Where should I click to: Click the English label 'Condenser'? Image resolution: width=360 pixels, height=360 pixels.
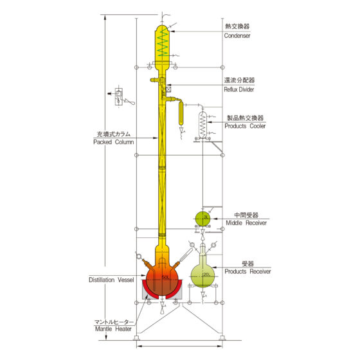[x=237, y=35]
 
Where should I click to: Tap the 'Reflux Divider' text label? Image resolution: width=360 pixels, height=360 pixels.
[x=239, y=89]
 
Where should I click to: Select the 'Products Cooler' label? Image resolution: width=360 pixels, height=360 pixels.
[x=245, y=126]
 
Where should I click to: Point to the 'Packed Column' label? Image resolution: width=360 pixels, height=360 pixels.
[x=113, y=142]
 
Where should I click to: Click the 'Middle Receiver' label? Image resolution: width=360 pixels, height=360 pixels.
[x=246, y=222]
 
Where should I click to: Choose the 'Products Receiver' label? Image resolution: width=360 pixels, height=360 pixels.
[x=248, y=271]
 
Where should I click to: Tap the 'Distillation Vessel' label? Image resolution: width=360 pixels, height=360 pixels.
[x=111, y=280]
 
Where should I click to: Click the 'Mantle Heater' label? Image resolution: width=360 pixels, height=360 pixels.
[x=113, y=328]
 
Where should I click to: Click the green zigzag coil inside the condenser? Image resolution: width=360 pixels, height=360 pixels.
[x=163, y=42]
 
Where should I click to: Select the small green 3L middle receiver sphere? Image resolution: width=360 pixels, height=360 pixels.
[x=203, y=218]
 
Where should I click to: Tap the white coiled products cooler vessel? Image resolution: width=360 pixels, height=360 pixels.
[x=203, y=125]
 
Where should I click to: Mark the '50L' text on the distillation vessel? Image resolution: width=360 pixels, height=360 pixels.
[x=166, y=277]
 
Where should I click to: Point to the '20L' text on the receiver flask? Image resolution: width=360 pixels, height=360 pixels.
[x=206, y=274]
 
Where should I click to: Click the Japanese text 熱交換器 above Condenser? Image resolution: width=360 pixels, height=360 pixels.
[x=237, y=26]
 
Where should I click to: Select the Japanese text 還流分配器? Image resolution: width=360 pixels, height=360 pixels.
[x=239, y=80]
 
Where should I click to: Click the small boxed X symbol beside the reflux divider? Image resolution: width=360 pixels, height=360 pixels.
[x=168, y=89]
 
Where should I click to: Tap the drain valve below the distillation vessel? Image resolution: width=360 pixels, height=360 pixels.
[x=163, y=307]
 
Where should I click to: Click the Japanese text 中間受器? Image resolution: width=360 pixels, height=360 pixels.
[x=246, y=215]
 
